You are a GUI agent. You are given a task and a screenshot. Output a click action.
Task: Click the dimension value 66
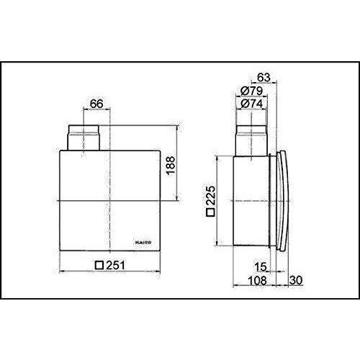[x=96, y=104]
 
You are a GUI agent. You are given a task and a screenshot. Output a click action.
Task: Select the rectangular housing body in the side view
[x=248, y=202]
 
